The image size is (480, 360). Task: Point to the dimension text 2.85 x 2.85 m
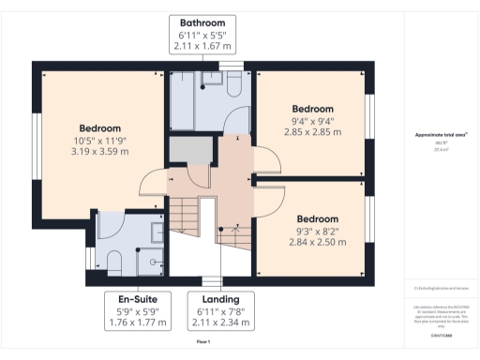coord(312,131)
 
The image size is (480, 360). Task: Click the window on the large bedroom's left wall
coord(36,141)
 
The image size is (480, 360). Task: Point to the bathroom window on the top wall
coord(230,65)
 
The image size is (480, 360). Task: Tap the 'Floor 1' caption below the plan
coord(203,342)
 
